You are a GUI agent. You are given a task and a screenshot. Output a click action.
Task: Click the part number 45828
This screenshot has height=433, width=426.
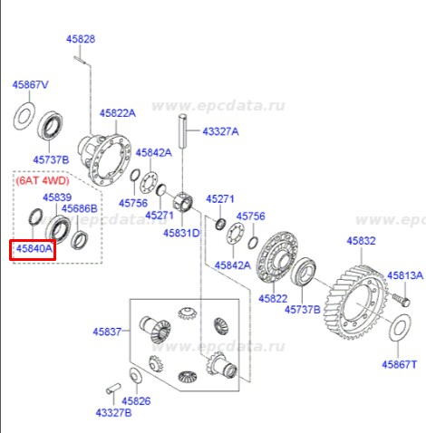click(x=81, y=39)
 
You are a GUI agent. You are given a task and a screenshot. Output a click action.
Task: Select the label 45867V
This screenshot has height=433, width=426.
click(x=30, y=85)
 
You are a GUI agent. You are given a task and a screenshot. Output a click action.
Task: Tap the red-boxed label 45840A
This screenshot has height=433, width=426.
click(x=34, y=249)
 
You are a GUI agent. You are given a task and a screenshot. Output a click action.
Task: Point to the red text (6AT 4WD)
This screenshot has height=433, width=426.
click(x=43, y=180)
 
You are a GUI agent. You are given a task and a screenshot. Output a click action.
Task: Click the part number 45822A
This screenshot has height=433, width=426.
click(x=118, y=113)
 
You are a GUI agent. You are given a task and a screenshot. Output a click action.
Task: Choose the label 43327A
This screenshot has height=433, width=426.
click(x=220, y=131)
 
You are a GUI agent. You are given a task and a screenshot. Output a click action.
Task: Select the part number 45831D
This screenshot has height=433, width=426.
click(x=181, y=233)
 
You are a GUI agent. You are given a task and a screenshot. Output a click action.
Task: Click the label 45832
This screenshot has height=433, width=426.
click(x=361, y=241)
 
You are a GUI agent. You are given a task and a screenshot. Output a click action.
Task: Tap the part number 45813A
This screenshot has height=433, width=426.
click(x=405, y=275)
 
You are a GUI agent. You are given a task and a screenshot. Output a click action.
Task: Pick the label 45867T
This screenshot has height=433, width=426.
click(x=400, y=365)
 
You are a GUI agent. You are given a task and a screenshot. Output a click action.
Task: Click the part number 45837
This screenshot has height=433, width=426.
click(x=107, y=332)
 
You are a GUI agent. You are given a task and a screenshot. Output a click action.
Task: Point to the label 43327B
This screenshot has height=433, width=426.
click(x=113, y=413)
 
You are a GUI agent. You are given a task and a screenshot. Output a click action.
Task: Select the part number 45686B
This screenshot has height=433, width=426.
click(x=80, y=208)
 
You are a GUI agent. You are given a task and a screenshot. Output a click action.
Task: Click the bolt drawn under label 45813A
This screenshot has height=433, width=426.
click(x=402, y=300)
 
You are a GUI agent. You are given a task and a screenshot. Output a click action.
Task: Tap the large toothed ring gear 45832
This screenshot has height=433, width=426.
click(x=356, y=302)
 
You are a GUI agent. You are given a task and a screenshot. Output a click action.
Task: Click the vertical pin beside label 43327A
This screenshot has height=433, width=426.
click(x=183, y=131)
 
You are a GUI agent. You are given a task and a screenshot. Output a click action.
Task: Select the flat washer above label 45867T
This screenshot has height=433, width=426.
click(x=399, y=328)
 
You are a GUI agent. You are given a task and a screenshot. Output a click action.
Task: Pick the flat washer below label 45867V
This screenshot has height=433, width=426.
click(x=24, y=116)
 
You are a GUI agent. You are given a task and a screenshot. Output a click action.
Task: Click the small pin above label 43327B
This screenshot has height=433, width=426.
click(x=113, y=389)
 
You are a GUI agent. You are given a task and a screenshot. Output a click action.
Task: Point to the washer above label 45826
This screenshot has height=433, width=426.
click(x=136, y=376)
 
